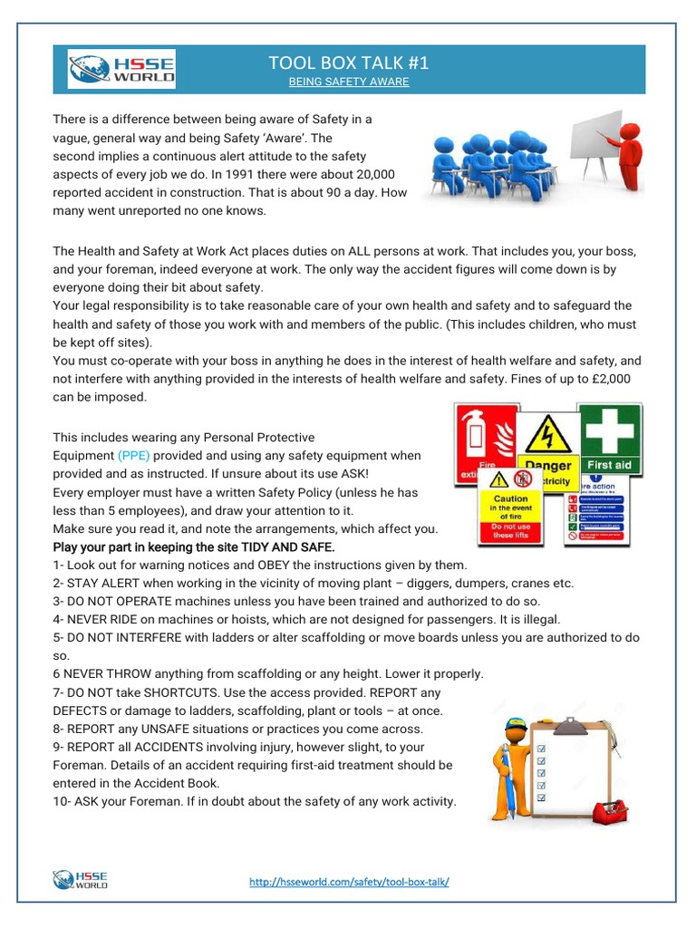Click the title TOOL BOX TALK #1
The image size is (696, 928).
click(348, 63)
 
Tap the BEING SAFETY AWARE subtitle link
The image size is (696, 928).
click(348, 82)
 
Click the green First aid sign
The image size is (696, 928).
click(609, 440)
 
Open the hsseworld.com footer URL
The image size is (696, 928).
click(349, 882)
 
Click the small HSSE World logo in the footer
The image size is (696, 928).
click(81, 879)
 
